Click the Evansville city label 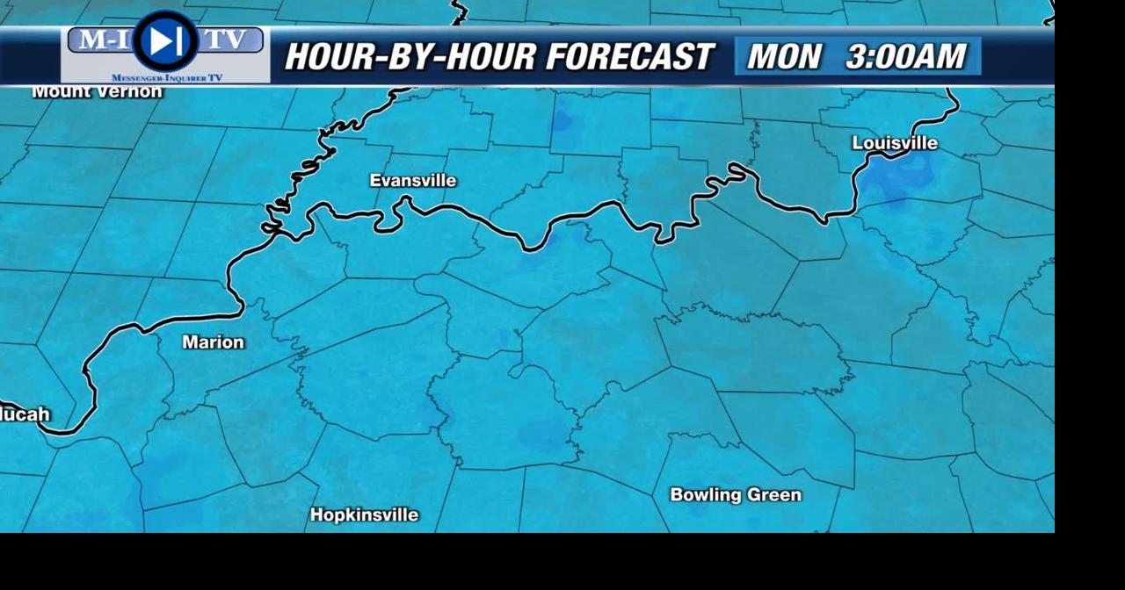412,181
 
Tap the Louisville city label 895,143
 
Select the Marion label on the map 213,342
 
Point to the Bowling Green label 736,495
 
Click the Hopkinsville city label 364,515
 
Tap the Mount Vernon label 97,91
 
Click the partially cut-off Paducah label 25,414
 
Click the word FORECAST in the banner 629,57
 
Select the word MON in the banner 784,57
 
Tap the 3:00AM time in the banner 905,57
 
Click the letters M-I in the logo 100,40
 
